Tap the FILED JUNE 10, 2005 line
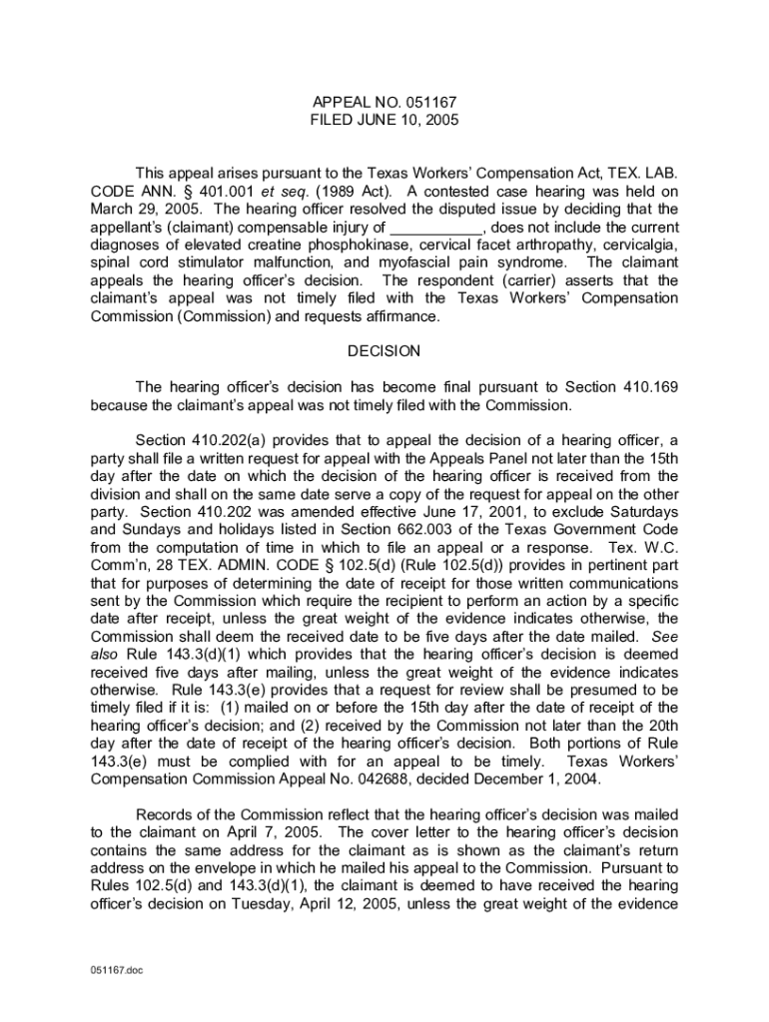click(384, 120)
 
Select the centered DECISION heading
click(384, 351)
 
